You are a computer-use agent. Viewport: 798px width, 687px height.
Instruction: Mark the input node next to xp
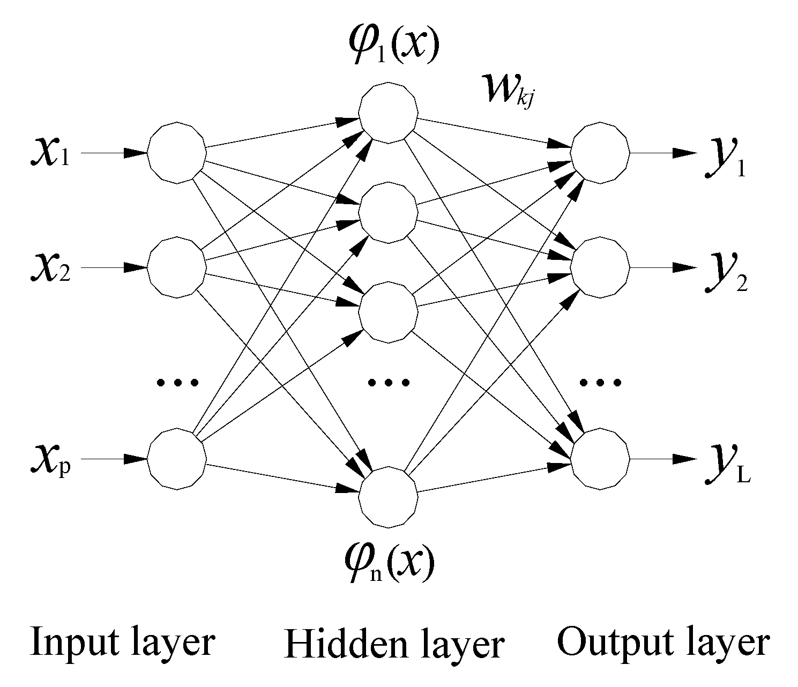click(176, 459)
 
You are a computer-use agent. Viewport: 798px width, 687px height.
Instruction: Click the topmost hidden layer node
click(388, 113)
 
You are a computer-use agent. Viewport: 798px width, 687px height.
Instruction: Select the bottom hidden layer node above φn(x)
click(388, 496)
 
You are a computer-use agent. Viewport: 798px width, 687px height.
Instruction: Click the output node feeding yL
click(600, 459)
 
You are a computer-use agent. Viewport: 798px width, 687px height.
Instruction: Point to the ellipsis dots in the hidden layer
click(389, 382)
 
